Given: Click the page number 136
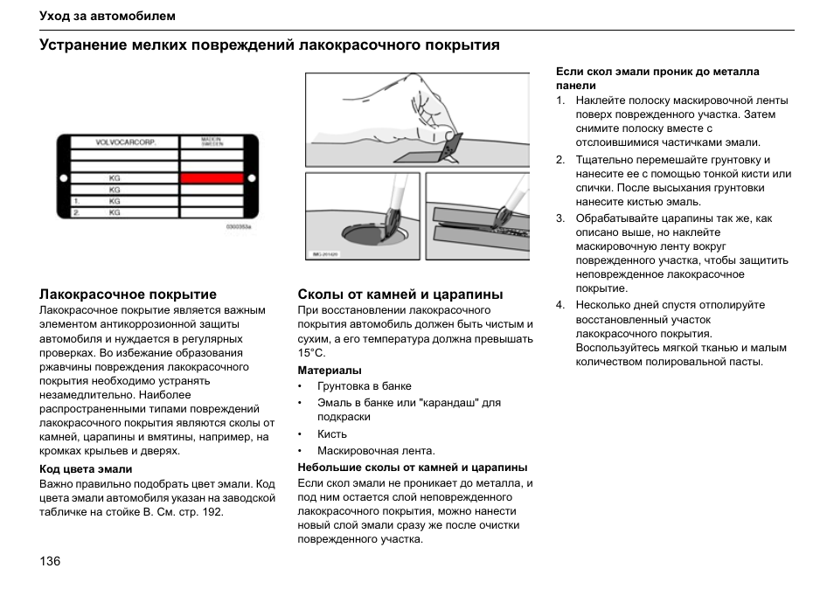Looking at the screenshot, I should click(x=50, y=561).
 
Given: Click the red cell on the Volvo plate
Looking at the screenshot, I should click(x=212, y=177).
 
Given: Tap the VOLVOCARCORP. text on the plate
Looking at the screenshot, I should click(x=125, y=142).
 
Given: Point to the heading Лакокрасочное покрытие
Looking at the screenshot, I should click(x=128, y=294).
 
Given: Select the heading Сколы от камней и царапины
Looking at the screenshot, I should click(x=400, y=294).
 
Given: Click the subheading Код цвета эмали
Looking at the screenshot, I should click(x=86, y=469).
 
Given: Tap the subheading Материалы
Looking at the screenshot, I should click(x=330, y=371).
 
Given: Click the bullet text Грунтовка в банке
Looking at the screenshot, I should click(x=365, y=386).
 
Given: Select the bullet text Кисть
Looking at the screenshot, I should click(x=332, y=434).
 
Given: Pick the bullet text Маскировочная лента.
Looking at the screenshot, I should click(x=376, y=451).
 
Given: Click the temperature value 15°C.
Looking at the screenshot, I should click(x=311, y=353).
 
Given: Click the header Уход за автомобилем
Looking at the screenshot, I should click(x=108, y=17).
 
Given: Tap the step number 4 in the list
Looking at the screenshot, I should click(x=560, y=305).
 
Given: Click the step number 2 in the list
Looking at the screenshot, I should click(x=560, y=160).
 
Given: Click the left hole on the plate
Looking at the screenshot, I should click(x=63, y=177).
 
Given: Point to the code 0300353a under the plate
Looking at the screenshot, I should click(x=238, y=226).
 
